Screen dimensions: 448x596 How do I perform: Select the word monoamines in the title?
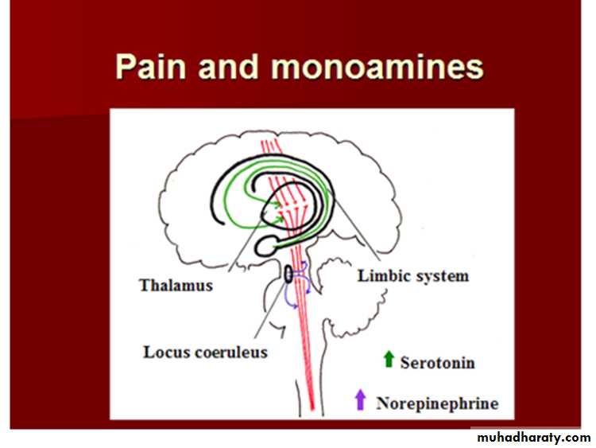coord(377,67)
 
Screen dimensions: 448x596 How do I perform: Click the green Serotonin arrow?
coord(389,360)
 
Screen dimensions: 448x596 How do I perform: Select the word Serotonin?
coord(439,363)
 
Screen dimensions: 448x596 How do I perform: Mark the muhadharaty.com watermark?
coord(532,438)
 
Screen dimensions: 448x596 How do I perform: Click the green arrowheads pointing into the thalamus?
coord(278,212)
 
